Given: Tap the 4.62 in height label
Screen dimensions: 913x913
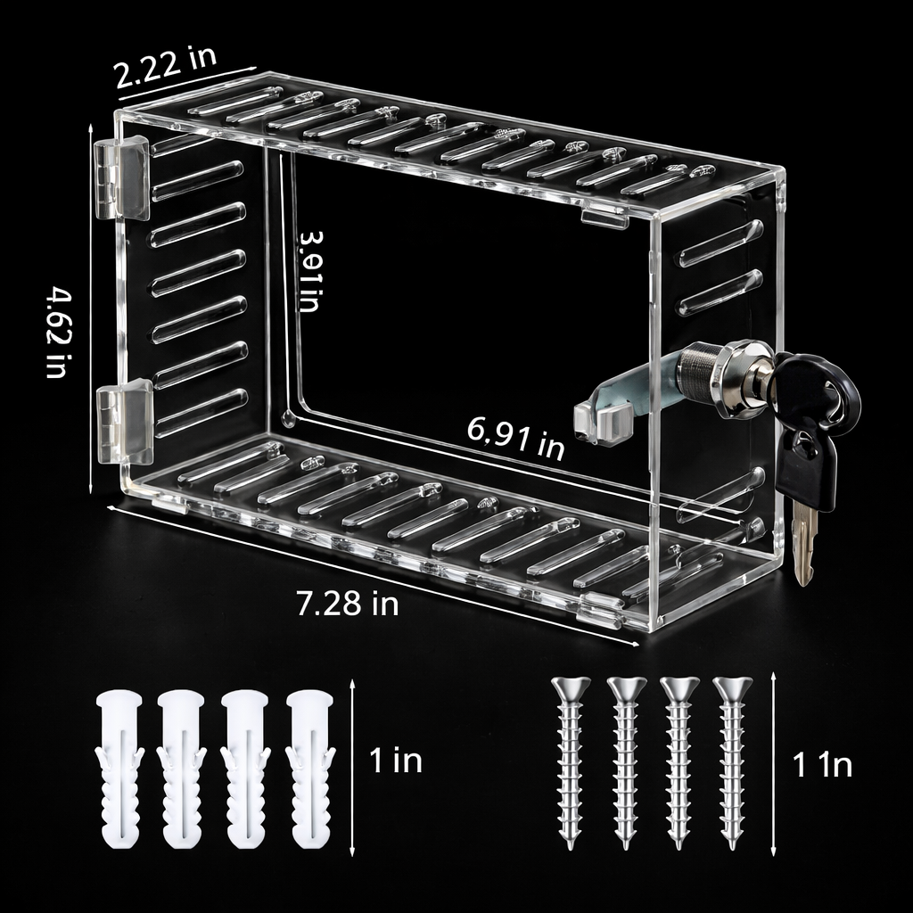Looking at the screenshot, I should [x=57, y=332].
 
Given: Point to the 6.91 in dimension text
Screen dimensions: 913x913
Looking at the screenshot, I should [x=516, y=438].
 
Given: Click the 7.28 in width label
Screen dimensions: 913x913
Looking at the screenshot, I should [x=347, y=604].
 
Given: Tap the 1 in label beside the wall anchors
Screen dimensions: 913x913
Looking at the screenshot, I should [x=395, y=761].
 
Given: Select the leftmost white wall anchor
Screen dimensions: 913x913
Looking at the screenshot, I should [x=119, y=768].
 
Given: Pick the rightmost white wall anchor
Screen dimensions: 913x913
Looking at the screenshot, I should [x=310, y=768].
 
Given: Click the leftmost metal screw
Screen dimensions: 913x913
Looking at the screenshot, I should [x=571, y=762].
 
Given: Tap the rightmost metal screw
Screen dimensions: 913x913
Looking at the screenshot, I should [x=732, y=762].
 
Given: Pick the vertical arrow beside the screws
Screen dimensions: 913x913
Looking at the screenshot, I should [x=772, y=764].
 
